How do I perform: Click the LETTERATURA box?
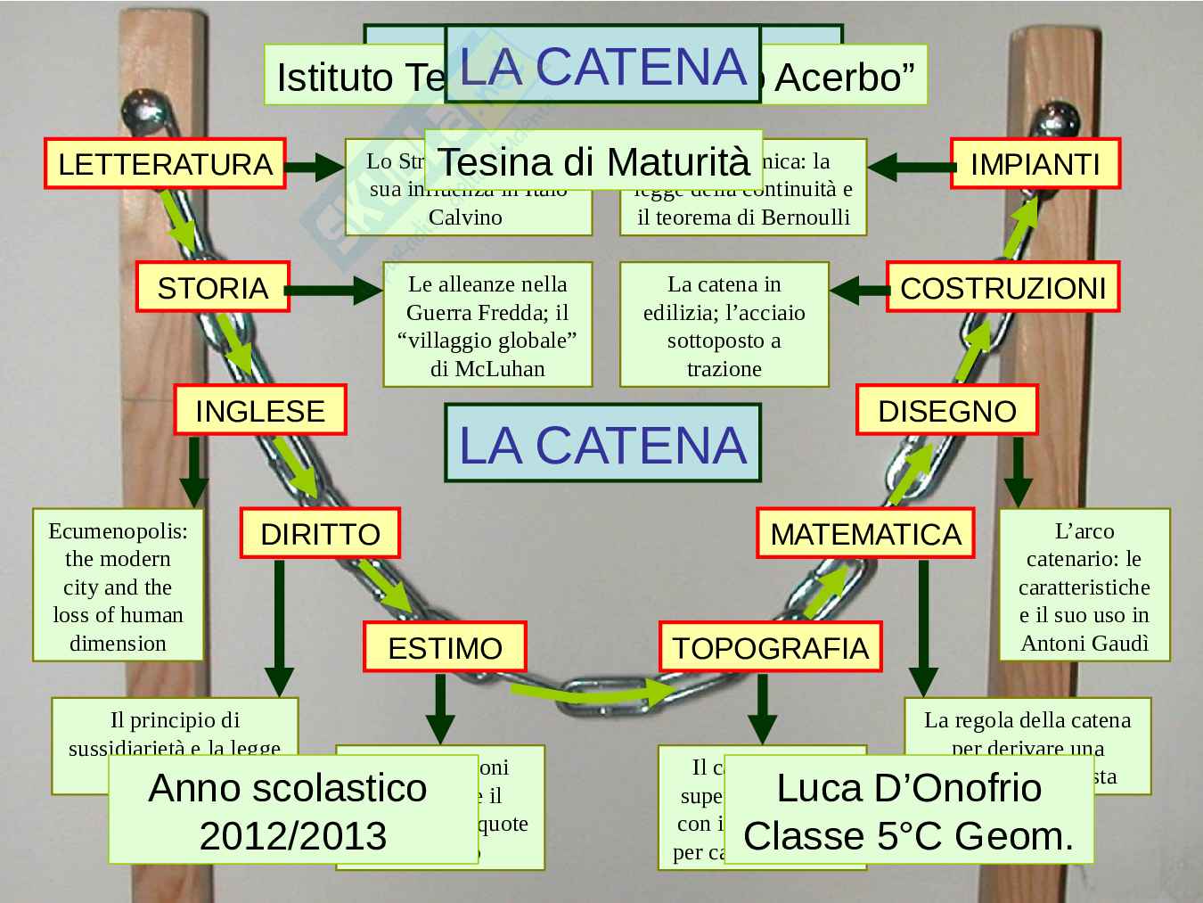tap(165, 164)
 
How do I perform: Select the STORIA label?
tap(213, 287)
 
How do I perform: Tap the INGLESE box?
tap(260, 410)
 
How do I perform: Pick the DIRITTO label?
tap(320, 533)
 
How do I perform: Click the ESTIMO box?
tap(445, 647)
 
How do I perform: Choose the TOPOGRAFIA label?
tap(770, 647)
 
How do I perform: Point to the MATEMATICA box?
tap(865, 533)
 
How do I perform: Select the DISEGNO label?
tap(946, 410)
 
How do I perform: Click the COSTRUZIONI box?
tap(1002, 287)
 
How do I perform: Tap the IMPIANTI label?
tap(1035, 164)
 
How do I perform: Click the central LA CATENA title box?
tap(602, 444)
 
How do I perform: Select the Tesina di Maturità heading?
tap(593, 161)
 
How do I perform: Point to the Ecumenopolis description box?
tap(118, 586)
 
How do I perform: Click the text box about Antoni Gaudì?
tap(1084, 586)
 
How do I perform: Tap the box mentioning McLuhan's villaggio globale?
tap(487, 325)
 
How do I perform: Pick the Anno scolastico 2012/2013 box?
tap(293, 810)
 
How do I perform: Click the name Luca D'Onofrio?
tap(909, 788)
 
